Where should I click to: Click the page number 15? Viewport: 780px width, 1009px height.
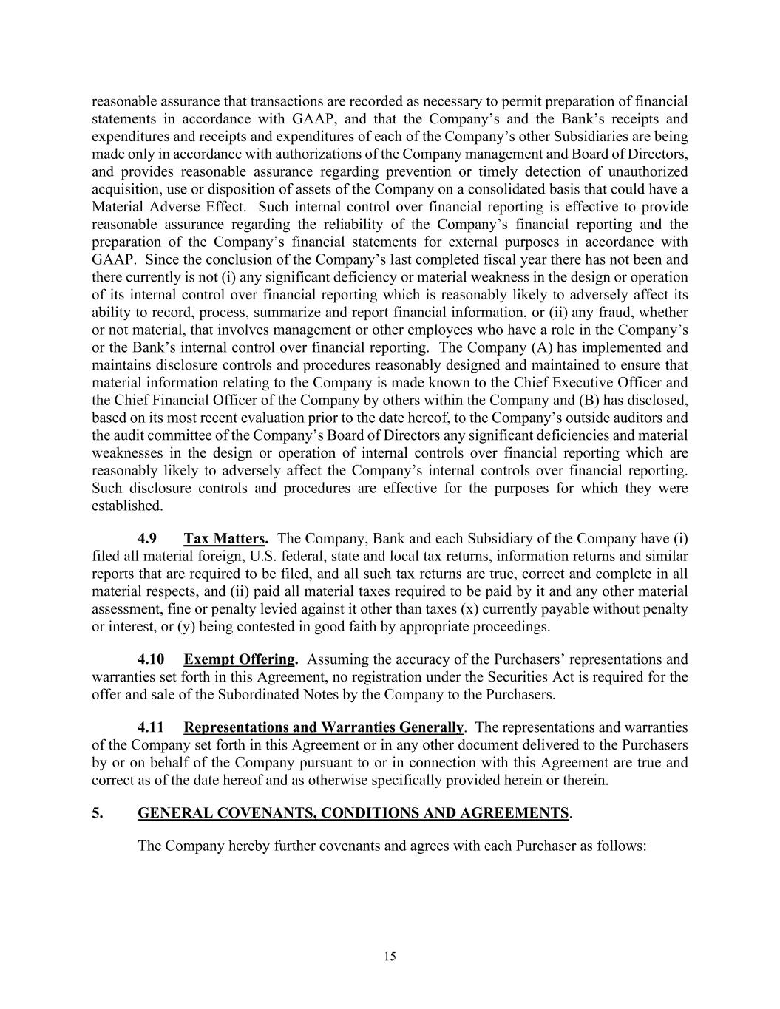pos(390,956)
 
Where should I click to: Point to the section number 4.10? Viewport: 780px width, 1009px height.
pos(151,659)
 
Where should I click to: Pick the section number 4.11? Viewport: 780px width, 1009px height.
pos(151,727)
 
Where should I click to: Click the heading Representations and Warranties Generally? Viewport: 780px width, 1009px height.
pos(324,727)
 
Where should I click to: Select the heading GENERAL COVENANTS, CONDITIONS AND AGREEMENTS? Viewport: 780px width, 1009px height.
pos(353,812)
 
